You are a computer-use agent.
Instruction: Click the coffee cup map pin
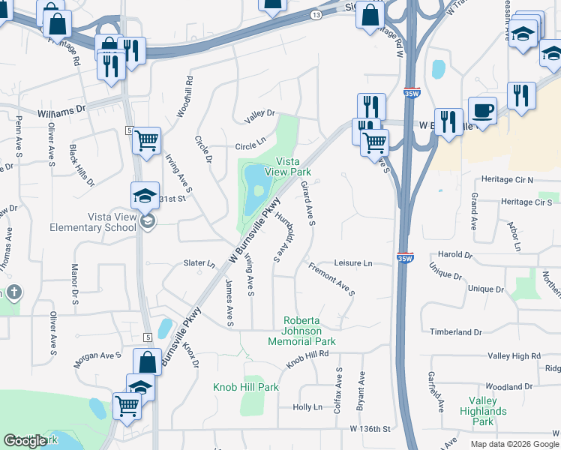pos(482,110)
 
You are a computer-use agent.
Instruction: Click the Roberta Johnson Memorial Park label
pos(302,331)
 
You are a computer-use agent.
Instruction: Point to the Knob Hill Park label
pos(245,387)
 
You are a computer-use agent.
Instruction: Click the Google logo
pos(25,441)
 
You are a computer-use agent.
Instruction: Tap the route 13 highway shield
pos(316,14)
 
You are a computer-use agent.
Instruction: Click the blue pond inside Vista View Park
pos(255,180)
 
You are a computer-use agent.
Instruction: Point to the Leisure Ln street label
pos(352,263)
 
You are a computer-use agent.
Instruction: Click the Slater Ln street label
pos(199,263)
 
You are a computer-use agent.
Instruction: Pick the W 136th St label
pos(370,428)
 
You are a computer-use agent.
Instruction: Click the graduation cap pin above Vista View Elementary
pos(145,196)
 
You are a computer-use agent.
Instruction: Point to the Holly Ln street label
pos(307,407)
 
